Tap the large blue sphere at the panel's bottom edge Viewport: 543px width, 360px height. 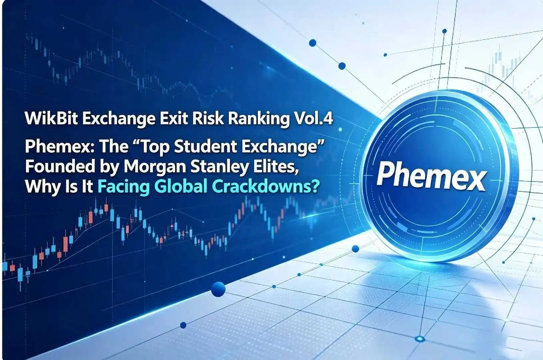(218, 289)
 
